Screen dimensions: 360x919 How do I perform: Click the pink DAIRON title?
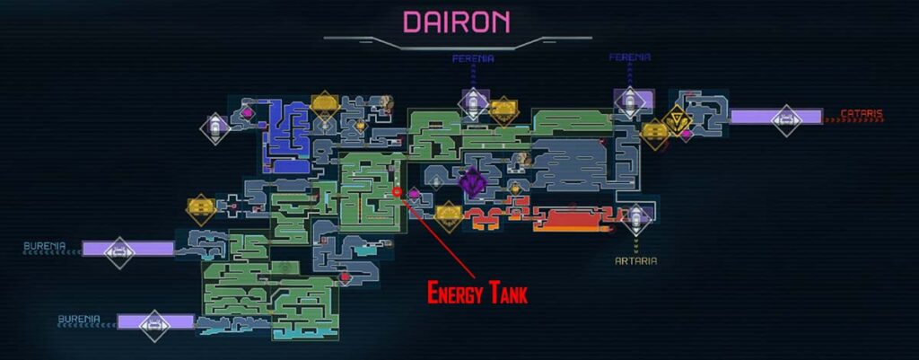457,21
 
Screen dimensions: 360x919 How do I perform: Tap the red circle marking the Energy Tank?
397,192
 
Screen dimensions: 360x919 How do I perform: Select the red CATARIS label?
862,115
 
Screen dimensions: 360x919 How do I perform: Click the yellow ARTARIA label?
636,260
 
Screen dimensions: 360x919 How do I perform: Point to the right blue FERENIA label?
630,57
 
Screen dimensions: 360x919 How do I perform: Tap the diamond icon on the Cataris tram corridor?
786,118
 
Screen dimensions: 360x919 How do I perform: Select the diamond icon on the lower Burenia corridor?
154,320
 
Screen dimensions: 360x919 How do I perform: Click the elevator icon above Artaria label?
635,218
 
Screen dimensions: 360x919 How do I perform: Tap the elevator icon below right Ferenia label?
629,101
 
